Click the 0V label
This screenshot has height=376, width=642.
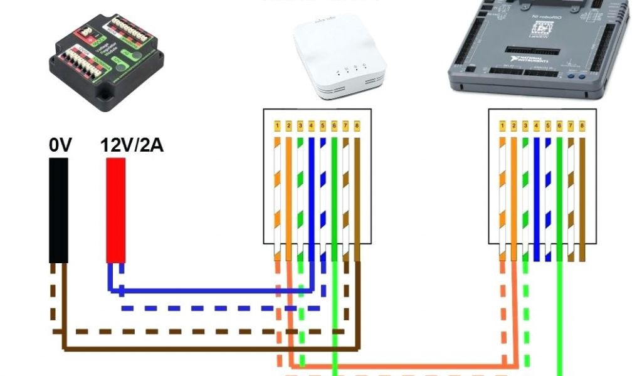[61, 146]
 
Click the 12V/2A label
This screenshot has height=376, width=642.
[132, 146]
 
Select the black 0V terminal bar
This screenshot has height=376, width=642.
[59, 210]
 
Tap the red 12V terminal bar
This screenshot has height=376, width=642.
[115, 210]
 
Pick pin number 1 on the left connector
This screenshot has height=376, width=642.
[277, 127]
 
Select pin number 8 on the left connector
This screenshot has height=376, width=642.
[357, 127]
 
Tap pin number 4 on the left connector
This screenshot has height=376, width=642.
[311, 127]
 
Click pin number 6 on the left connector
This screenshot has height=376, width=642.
[334, 127]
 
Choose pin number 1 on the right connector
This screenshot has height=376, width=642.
[503, 127]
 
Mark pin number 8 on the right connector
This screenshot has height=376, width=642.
[582, 127]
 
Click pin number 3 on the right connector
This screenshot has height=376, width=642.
[525, 127]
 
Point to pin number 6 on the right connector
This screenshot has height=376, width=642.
[559, 127]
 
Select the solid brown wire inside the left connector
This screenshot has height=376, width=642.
[357, 194]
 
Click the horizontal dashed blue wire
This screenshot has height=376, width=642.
[219, 308]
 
